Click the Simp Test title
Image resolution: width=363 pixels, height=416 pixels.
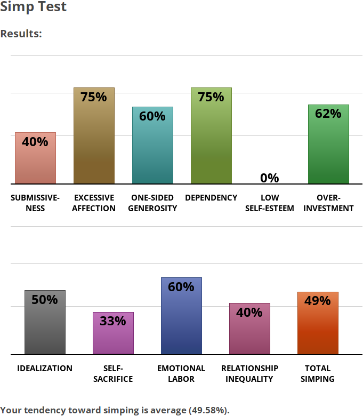[34, 7]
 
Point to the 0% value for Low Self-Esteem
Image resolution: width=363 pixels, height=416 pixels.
[270, 178]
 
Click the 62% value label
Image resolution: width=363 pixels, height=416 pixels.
[328, 114]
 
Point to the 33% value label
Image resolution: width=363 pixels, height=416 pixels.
[113, 321]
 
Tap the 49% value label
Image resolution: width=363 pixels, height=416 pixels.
[318, 301]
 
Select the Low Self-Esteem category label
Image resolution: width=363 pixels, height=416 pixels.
[270, 203]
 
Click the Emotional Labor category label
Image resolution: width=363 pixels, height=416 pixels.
[181, 373]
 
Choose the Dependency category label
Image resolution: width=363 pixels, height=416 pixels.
[211, 198]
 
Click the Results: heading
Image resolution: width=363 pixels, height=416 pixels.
[21, 34]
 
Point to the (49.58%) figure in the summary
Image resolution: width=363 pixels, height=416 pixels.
[208, 410]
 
